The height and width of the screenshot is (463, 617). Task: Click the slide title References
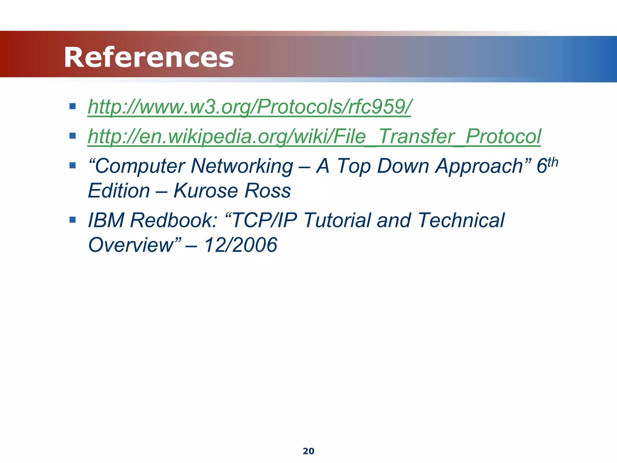[149, 57]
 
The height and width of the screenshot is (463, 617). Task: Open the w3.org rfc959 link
[249, 107]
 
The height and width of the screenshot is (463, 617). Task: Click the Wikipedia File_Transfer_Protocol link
[314, 137]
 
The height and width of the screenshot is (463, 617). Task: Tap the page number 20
[308, 451]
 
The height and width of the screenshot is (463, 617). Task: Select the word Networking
[242, 166]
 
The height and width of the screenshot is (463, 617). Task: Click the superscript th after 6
[553, 162]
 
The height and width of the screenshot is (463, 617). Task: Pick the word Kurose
[206, 191]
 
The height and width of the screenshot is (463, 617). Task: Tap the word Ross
[268, 191]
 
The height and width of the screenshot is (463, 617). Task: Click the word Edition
[119, 191]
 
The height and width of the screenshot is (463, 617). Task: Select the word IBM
[106, 220]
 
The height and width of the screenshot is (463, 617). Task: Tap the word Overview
[131, 245]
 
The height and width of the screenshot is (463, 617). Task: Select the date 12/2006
[240, 245]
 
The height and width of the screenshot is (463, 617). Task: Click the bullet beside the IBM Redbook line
[72, 219]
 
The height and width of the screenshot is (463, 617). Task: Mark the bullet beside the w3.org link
[72, 106]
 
